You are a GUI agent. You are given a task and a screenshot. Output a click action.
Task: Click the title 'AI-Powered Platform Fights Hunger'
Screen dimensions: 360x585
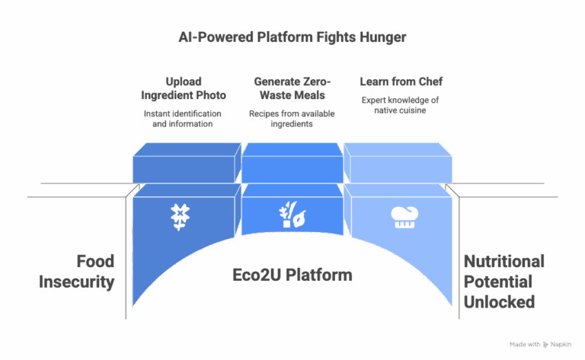pyautogui.click(x=292, y=37)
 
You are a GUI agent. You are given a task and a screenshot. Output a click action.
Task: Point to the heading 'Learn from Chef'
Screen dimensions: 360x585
pyautogui.click(x=400, y=81)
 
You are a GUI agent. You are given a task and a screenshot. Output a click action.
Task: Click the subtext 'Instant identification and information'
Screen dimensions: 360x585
pyautogui.click(x=183, y=119)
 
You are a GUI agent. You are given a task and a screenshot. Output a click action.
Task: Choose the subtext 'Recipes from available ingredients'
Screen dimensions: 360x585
pyautogui.click(x=292, y=119)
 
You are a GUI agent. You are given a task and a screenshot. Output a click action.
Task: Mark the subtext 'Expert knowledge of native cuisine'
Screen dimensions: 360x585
pyautogui.click(x=400, y=106)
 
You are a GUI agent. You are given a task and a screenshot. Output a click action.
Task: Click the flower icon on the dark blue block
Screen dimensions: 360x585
pyautogui.click(x=180, y=217)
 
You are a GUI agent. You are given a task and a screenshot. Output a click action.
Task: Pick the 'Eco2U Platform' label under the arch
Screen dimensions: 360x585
pyautogui.click(x=292, y=275)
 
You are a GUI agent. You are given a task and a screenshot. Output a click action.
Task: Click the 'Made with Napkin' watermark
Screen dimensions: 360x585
pyautogui.click(x=540, y=344)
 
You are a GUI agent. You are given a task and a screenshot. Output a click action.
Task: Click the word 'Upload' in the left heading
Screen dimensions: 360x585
pyautogui.click(x=183, y=81)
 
